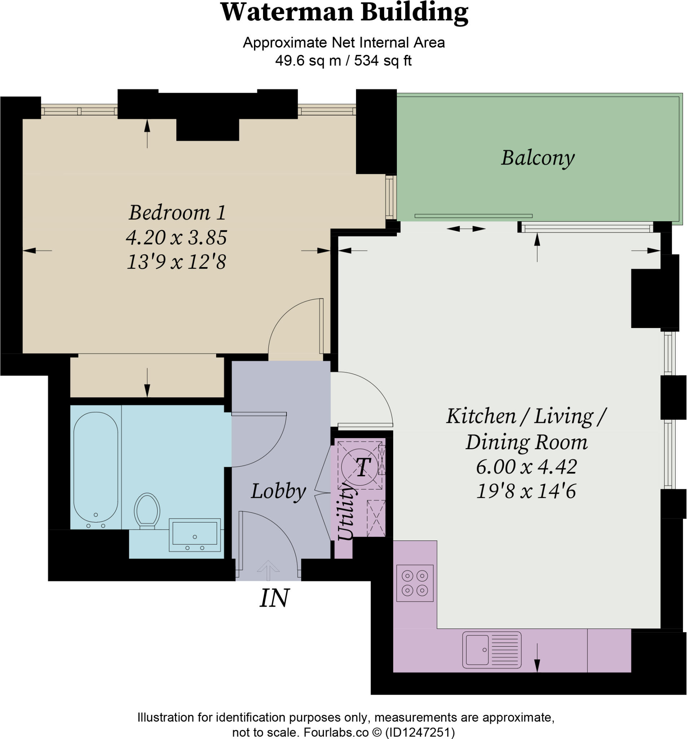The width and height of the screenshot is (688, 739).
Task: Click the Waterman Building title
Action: [344, 13]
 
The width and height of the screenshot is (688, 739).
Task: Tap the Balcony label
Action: [537, 158]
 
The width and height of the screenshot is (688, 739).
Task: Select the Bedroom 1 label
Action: [177, 213]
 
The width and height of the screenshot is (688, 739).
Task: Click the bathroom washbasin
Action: [194, 534]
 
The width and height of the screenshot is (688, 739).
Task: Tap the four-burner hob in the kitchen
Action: [415, 582]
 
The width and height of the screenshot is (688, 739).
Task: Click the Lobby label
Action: [278, 491]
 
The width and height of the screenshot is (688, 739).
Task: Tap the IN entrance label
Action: [274, 598]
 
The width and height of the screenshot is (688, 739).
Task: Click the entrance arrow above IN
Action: [268, 570]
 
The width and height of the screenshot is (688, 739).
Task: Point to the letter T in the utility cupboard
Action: [363, 467]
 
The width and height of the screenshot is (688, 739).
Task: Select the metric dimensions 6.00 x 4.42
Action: [526, 467]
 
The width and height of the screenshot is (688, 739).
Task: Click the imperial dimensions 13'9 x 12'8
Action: [176, 262]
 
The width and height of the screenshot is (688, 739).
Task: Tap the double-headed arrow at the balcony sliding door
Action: [465, 229]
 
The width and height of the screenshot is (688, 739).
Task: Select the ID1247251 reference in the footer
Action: [420, 732]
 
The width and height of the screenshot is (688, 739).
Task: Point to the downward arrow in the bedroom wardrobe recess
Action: [147, 383]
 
